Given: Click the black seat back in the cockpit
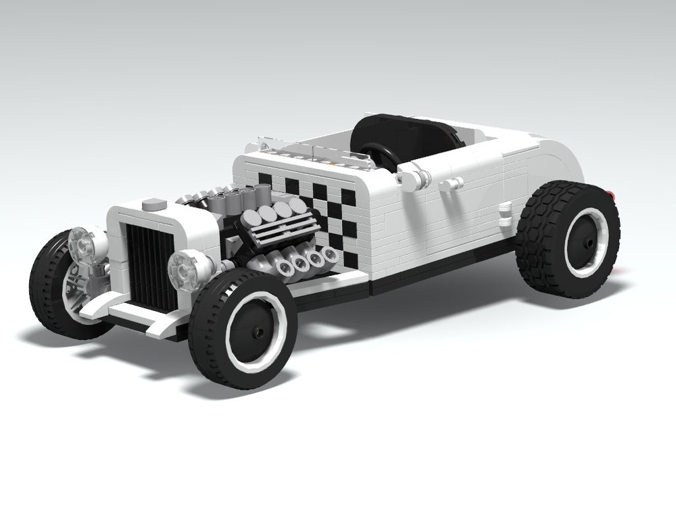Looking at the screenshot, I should (406, 132).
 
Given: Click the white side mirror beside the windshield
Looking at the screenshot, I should (412, 178).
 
